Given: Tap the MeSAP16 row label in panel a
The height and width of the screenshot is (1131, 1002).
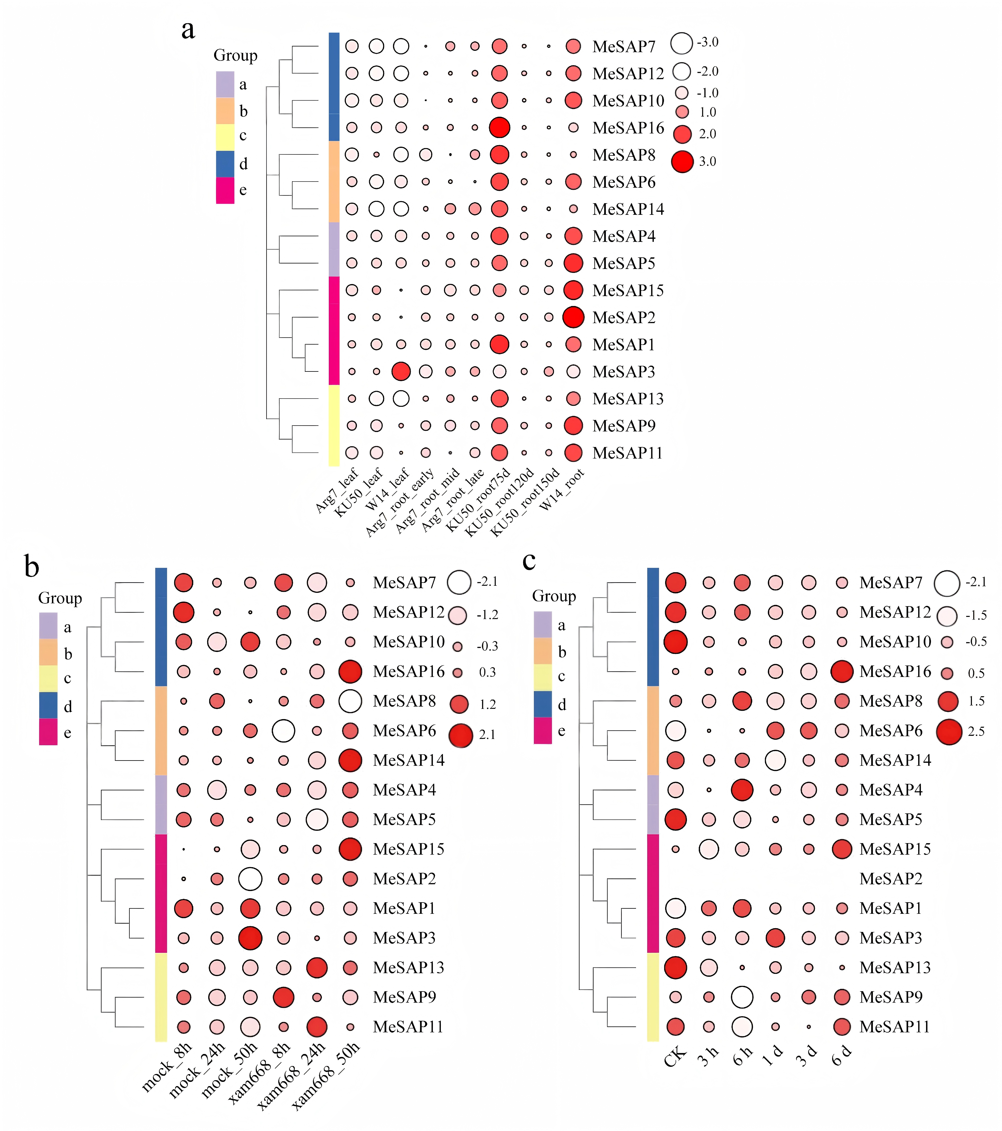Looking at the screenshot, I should click(x=628, y=128).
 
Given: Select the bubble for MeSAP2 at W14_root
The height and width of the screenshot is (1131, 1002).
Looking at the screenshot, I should click(x=573, y=317).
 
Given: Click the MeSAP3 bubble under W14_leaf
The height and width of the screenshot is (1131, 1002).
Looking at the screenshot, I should click(x=401, y=371).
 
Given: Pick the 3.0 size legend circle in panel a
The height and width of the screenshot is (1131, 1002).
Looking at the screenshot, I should click(x=682, y=162).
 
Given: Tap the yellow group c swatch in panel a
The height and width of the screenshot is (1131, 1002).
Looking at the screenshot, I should click(x=225, y=137).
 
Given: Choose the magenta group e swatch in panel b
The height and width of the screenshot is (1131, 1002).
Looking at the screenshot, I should click(x=48, y=731).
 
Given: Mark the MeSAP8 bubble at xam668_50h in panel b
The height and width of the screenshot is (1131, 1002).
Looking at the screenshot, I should click(x=350, y=701).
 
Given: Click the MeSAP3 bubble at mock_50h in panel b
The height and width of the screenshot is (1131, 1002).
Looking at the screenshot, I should click(x=250, y=938).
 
